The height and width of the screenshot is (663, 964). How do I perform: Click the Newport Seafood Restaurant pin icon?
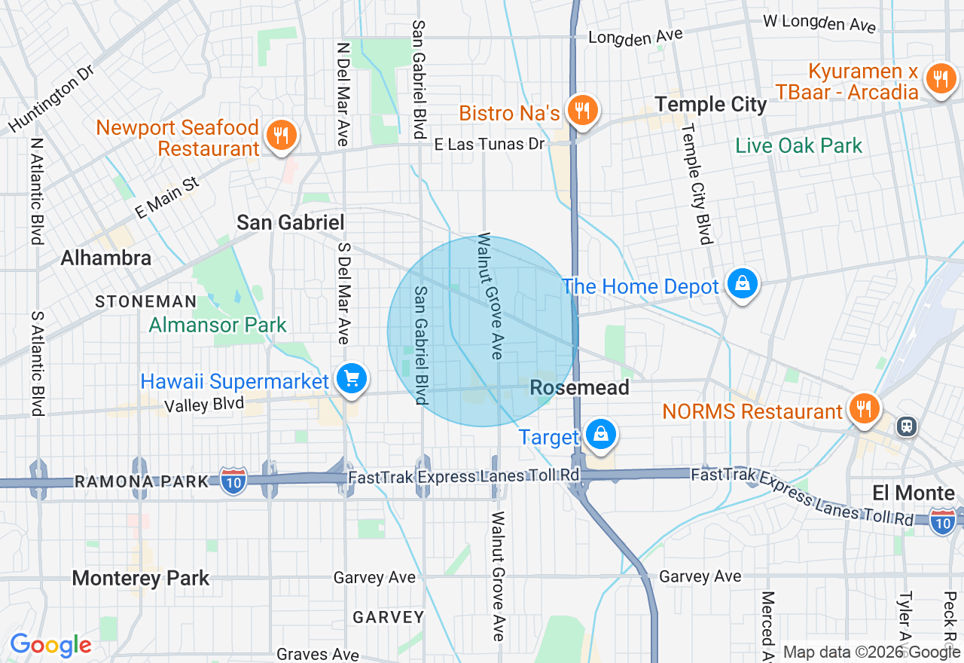281,136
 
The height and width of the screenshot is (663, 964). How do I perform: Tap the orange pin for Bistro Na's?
581,111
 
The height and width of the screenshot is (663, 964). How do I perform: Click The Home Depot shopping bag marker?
743,284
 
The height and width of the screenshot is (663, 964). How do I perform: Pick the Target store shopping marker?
601,435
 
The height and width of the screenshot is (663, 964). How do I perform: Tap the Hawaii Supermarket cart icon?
351,379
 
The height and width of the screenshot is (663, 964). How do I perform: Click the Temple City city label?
710,105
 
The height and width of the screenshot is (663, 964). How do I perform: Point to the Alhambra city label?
105,258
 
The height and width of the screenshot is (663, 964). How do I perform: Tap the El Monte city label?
913,493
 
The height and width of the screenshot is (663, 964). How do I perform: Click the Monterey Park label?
141,579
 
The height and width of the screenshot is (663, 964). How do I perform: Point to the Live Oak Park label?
798,145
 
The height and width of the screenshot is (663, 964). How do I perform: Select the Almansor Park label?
218,325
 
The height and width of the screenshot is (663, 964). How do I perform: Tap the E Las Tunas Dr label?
490,143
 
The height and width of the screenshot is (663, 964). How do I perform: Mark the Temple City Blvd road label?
696,185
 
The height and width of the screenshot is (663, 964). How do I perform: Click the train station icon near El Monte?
906,426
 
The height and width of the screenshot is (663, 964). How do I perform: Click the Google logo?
50,645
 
